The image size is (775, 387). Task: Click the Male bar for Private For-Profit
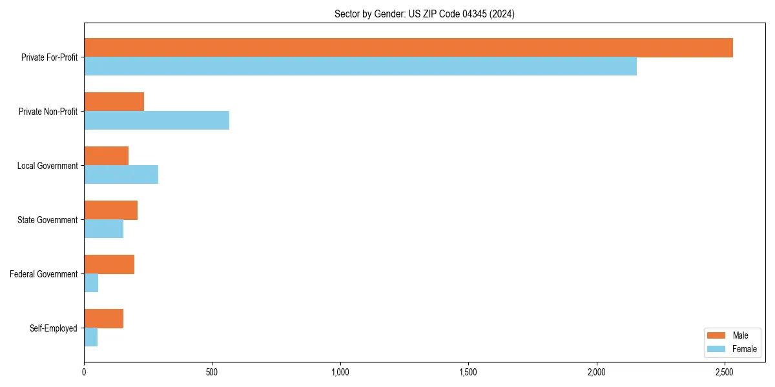408,48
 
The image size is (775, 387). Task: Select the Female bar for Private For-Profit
360,66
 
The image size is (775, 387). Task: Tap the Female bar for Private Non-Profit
156,121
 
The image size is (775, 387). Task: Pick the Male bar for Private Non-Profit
114,102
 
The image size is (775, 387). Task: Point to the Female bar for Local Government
121,175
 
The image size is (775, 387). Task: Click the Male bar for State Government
110,210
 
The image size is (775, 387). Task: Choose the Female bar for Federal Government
91,283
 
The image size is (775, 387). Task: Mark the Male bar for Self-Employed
103,319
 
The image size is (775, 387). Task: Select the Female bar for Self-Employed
90,337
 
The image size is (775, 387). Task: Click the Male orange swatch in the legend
717,335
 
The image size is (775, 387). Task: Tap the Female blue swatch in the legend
717,349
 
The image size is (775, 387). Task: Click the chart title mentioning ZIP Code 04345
424,14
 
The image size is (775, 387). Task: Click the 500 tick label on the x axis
212,372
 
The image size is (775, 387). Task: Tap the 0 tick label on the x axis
84,372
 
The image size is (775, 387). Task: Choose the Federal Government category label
44,274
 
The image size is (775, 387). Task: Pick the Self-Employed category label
54,328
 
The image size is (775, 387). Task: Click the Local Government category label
48,166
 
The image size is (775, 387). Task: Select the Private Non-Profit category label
48,112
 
